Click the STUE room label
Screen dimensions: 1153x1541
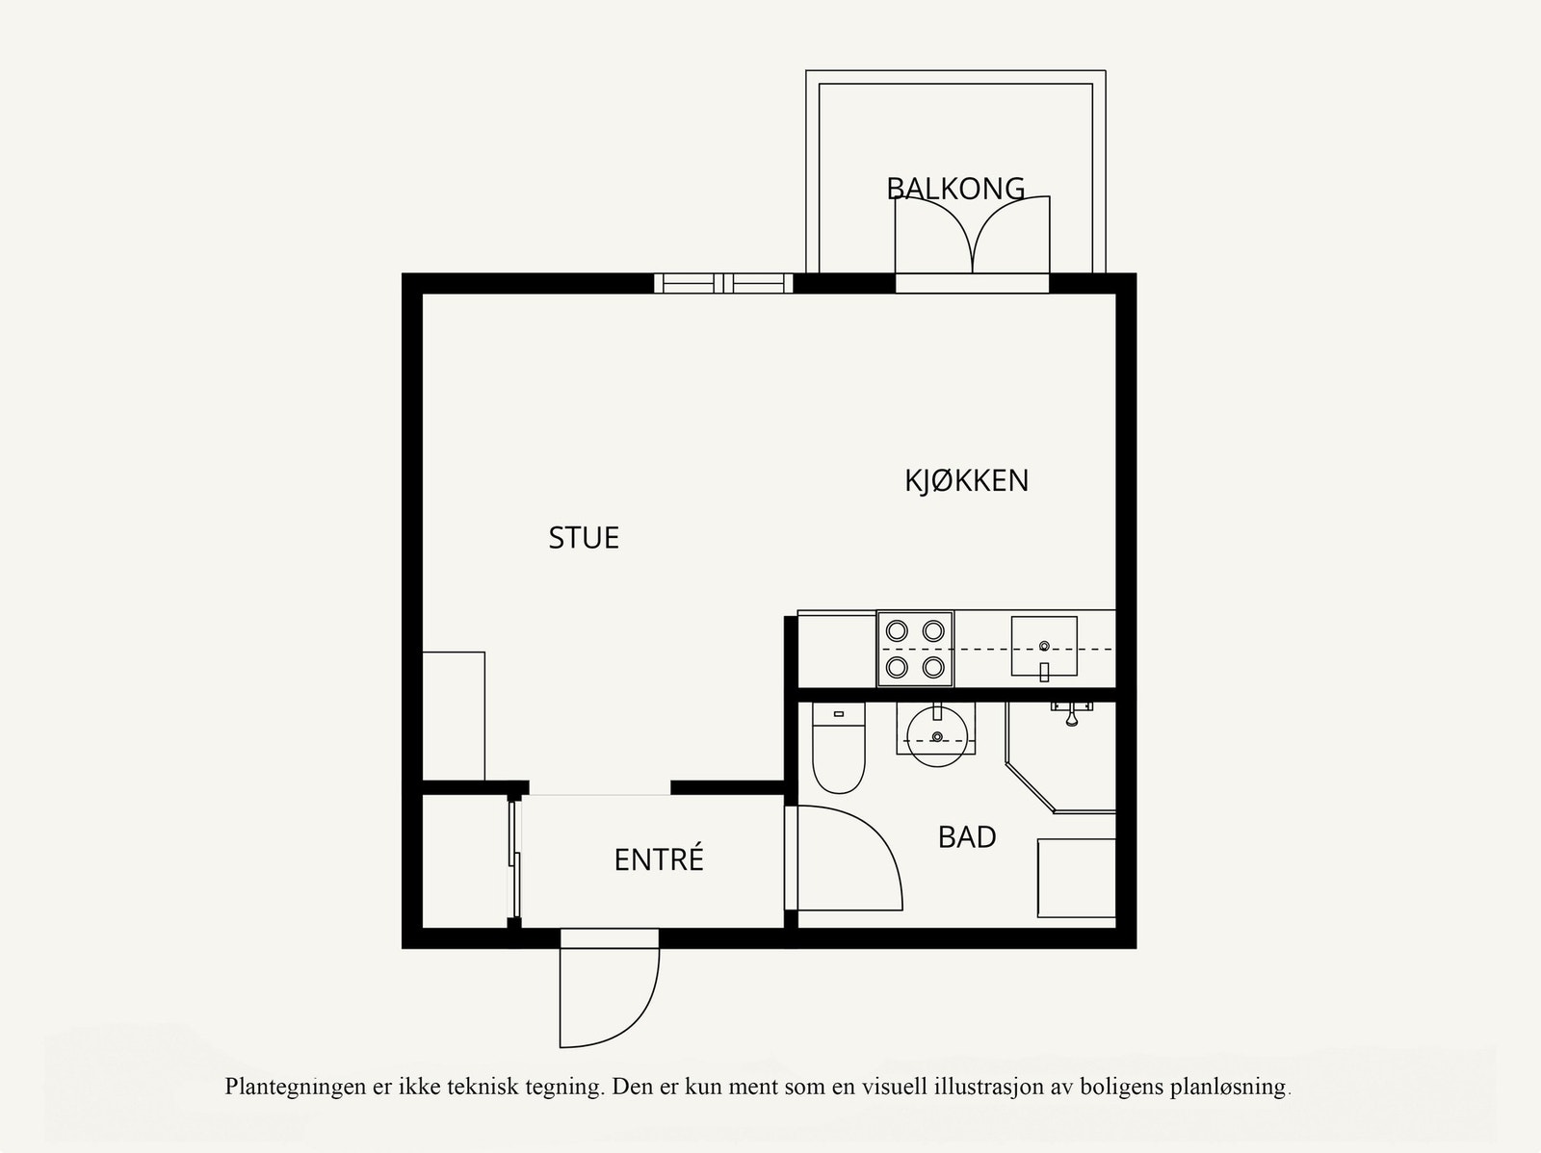(584, 538)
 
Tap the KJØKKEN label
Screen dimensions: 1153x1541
(966, 480)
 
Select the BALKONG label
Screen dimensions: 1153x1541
(954, 188)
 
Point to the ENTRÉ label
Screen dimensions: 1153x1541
(659, 859)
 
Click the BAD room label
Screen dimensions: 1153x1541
(966, 837)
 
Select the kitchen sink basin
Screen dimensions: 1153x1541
(1044, 646)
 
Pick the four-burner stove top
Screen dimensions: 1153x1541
(915, 649)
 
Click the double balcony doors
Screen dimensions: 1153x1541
(972, 238)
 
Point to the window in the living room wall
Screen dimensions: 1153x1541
(723, 283)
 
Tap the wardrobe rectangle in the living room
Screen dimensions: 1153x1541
(454, 716)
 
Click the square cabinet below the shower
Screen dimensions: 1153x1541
(1076, 878)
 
